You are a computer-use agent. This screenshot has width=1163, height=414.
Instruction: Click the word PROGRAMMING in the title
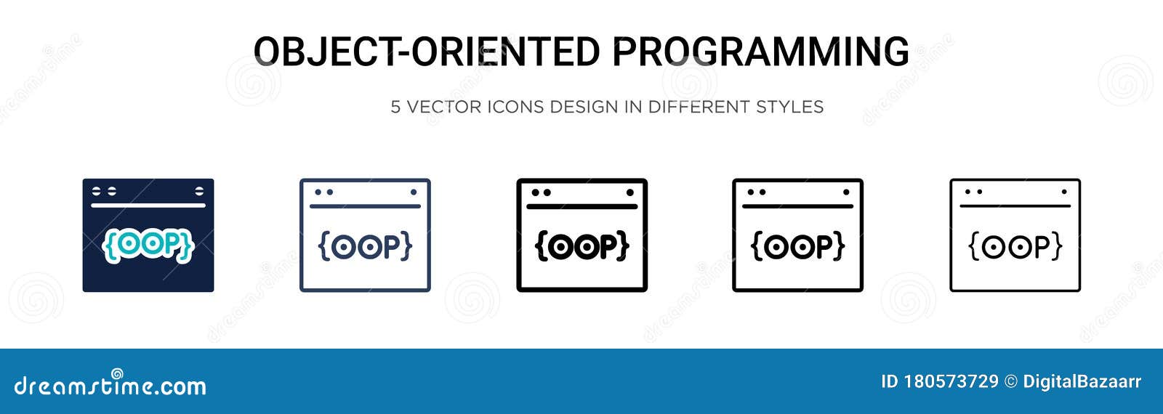tap(760, 52)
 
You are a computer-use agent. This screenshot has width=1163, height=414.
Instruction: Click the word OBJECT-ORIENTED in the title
tap(426, 52)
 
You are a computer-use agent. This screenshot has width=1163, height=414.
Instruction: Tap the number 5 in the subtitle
tap(395, 107)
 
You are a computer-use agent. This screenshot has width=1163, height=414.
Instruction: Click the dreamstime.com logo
tap(110, 384)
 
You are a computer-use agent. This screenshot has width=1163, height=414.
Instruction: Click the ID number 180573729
tap(951, 382)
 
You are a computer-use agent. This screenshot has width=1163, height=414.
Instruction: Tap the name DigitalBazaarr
tap(1082, 382)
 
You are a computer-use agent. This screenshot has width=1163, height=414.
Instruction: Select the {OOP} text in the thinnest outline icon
tap(1015, 246)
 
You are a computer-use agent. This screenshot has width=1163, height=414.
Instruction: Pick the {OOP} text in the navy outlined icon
tap(365, 246)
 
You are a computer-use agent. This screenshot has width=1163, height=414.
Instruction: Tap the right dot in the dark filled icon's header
tap(199, 191)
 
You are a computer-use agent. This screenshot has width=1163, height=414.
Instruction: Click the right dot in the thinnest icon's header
tap(1064, 192)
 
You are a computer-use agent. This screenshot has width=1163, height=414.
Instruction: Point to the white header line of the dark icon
tap(148, 206)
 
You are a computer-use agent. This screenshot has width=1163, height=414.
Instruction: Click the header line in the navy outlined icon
tap(365, 206)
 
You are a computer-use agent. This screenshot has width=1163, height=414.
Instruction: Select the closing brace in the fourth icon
tap(840, 246)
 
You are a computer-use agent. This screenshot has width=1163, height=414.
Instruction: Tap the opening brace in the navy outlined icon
tap(324, 246)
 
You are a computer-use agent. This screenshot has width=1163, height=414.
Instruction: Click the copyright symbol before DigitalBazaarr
tap(1011, 382)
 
